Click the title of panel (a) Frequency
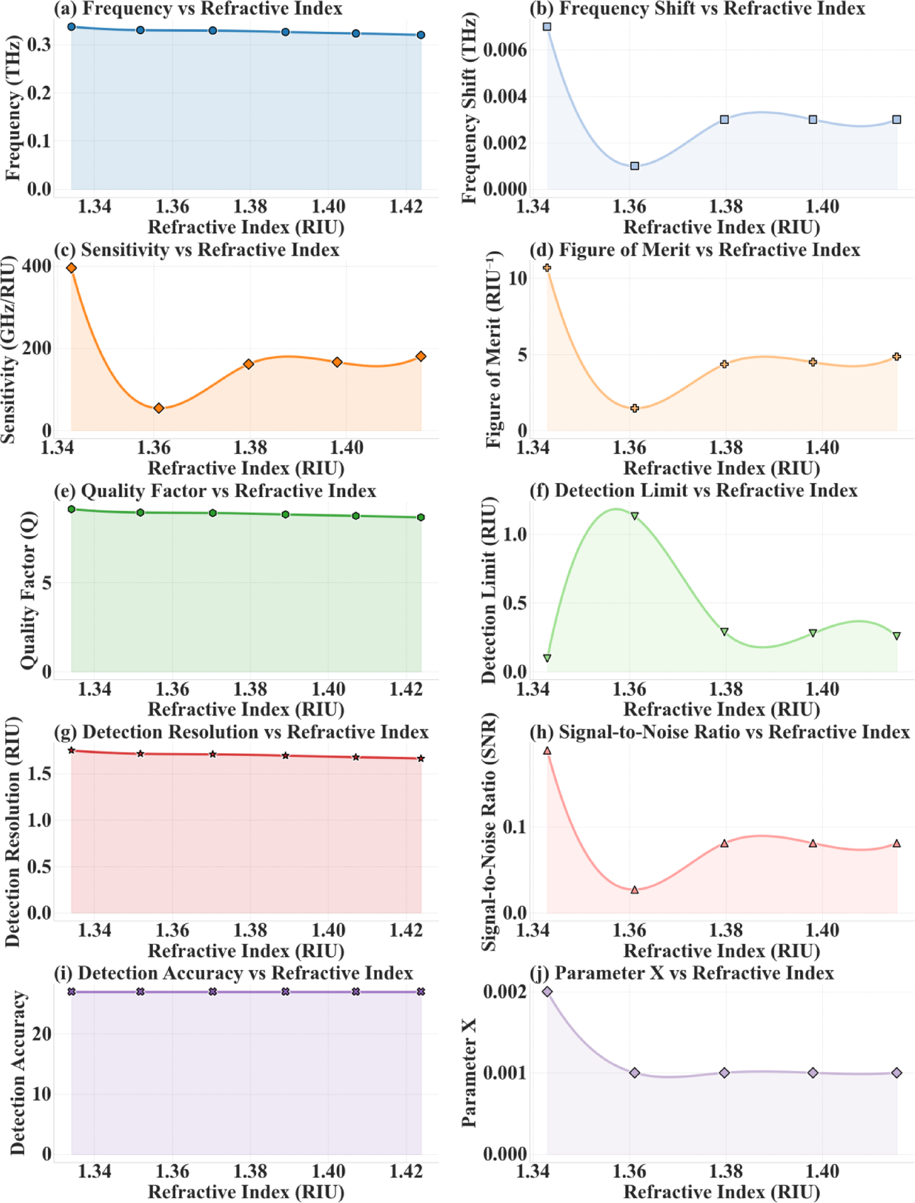coord(198,9)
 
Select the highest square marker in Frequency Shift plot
coord(547,27)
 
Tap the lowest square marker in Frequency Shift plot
coord(635,166)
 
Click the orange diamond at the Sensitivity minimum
coord(159,408)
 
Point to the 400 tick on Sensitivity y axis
coord(37,266)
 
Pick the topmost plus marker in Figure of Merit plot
coord(547,268)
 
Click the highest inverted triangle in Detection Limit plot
coord(635,516)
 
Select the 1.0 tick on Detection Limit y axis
coord(514,534)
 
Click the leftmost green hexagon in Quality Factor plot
coord(72,509)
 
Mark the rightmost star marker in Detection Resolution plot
coord(421,758)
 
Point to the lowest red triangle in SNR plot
coord(635,890)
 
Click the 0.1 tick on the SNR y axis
coord(514,827)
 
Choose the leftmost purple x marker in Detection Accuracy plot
coord(72,992)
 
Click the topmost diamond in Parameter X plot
coord(547,992)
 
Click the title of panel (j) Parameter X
coord(681,973)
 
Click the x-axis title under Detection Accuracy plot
coord(246,1191)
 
